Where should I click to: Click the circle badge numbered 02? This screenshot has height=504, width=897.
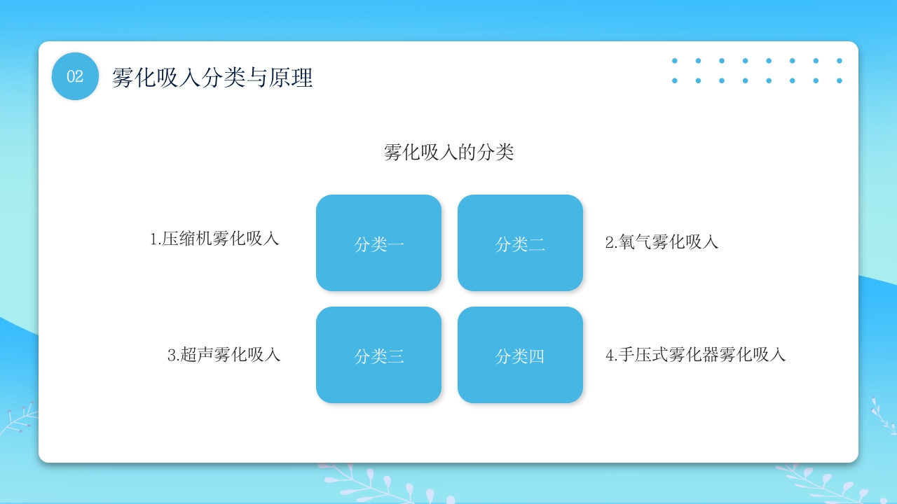[75, 76]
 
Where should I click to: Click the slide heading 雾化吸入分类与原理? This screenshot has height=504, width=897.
[212, 77]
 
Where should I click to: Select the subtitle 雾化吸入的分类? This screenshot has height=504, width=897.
[448, 152]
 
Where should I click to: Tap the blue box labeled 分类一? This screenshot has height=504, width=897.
[378, 243]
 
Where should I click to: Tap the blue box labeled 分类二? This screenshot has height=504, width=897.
[520, 243]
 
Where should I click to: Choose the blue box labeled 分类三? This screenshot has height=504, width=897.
[378, 355]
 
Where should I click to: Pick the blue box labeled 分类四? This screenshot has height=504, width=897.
[520, 355]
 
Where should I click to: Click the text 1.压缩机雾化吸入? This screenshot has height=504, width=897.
[214, 239]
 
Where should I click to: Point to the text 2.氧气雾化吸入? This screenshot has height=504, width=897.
[662, 242]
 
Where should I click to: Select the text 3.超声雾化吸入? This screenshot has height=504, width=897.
[224, 355]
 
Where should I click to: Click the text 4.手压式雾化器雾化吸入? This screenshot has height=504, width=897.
[695, 355]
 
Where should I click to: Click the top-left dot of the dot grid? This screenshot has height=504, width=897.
[675, 61]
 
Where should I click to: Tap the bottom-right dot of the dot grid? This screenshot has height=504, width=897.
[839, 80]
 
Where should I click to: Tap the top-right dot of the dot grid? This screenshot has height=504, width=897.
[839, 61]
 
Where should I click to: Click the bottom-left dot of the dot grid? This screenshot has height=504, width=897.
[675, 80]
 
